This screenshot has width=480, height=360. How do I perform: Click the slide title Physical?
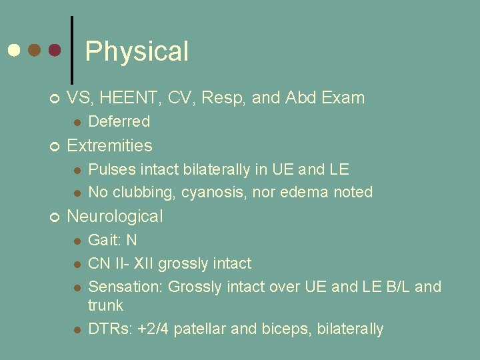(x=137, y=51)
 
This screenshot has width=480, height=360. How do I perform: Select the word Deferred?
(x=119, y=121)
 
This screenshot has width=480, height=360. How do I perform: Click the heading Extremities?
(x=109, y=145)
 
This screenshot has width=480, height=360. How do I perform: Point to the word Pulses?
(x=109, y=169)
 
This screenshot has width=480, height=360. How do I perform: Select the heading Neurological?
(x=115, y=216)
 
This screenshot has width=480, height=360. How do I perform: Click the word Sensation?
(x=125, y=287)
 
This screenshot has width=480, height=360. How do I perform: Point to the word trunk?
(x=106, y=305)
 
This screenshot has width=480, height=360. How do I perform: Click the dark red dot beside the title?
(x=55, y=50)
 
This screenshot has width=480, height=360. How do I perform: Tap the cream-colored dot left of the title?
(x=13, y=50)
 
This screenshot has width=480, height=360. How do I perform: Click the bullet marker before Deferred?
(x=77, y=122)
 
